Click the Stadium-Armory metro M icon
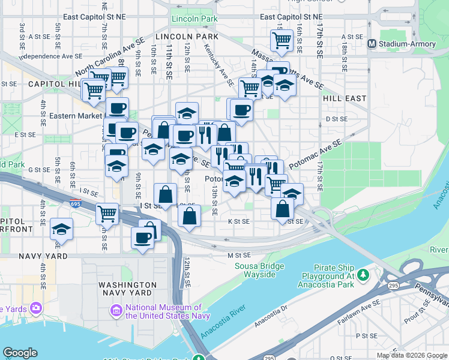[x=372, y=43]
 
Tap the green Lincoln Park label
[x=193, y=19]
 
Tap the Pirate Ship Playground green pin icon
[x=363, y=275]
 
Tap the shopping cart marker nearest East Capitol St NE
[x=281, y=41]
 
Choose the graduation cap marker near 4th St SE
[x=61, y=229]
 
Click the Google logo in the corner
[x=20, y=353]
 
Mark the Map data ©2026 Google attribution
[x=411, y=355]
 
